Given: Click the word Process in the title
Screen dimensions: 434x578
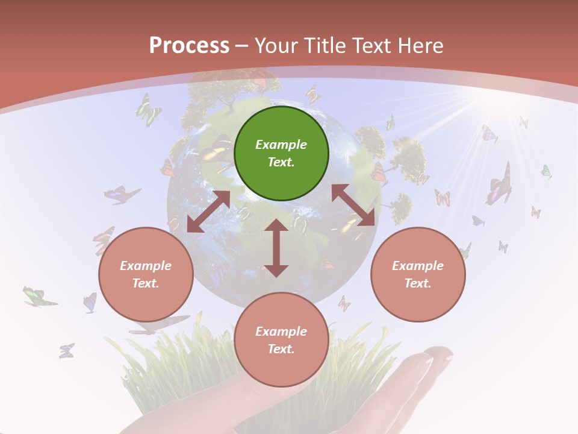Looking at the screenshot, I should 189,46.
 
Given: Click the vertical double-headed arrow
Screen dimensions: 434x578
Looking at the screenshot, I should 276,248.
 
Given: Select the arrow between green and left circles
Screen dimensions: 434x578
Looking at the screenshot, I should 208,212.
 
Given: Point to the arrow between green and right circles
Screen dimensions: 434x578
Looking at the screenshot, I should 353,206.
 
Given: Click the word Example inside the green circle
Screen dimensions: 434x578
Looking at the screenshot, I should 281,145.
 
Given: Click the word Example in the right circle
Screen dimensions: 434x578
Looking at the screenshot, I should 418,266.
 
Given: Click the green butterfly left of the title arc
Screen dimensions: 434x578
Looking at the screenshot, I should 148,110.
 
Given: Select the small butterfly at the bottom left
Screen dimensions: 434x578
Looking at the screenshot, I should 66,350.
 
